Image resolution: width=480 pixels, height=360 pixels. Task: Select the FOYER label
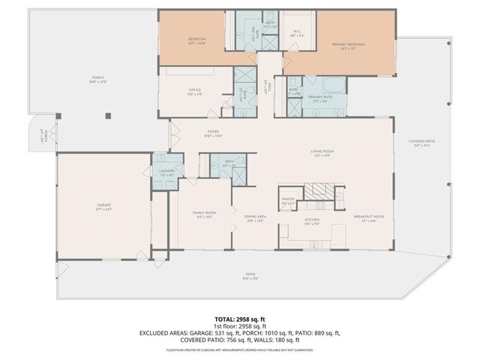(x=213, y=133)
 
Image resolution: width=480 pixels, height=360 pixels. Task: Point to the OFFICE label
(x=194, y=91)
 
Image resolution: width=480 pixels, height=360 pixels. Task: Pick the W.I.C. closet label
(x=297, y=31)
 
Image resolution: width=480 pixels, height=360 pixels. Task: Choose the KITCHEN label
(x=310, y=219)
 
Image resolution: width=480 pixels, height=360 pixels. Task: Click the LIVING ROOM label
(x=322, y=153)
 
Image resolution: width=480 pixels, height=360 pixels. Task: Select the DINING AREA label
(x=256, y=218)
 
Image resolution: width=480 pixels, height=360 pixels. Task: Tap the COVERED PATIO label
(x=424, y=143)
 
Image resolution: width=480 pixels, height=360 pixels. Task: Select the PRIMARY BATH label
(x=320, y=97)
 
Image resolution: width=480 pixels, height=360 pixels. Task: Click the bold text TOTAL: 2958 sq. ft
(x=239, y=319)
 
